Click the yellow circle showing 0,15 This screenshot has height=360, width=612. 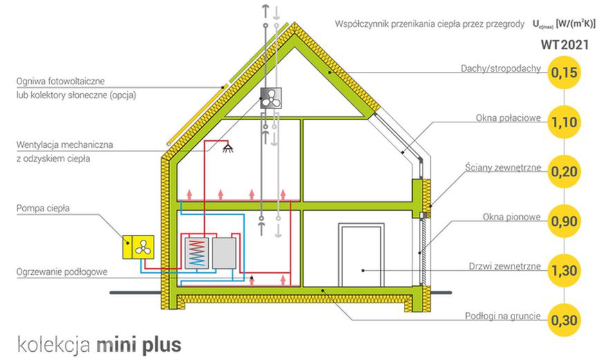pos(564,73)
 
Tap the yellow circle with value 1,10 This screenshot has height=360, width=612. pos(564,122)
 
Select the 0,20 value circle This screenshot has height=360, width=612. pos(564,171)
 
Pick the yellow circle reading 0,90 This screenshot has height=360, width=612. pos(564,221)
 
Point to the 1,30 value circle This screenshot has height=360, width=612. pos(564,270)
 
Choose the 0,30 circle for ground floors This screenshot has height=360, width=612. pos(564,320)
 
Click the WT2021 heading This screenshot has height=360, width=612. pos(564,45)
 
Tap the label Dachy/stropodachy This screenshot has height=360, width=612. pos(501,68)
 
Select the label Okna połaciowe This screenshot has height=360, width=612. pos(508,117)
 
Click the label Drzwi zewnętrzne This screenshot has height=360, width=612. pos(505,267)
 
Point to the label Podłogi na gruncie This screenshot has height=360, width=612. pos(503,316)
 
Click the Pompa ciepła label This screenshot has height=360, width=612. pos(43,208)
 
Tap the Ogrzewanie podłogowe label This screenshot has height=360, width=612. pos(62,272)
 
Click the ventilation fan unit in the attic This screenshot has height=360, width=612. pos(271,97)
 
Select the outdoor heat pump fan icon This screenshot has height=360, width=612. pos(143,247)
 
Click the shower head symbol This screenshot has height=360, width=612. pos(228,148)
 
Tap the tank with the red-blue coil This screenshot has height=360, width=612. pos(196,253)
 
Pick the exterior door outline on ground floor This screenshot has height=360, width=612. pos(362,255)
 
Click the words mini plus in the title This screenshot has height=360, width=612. pos(138,345)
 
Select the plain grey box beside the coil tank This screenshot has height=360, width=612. pos(224,253)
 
